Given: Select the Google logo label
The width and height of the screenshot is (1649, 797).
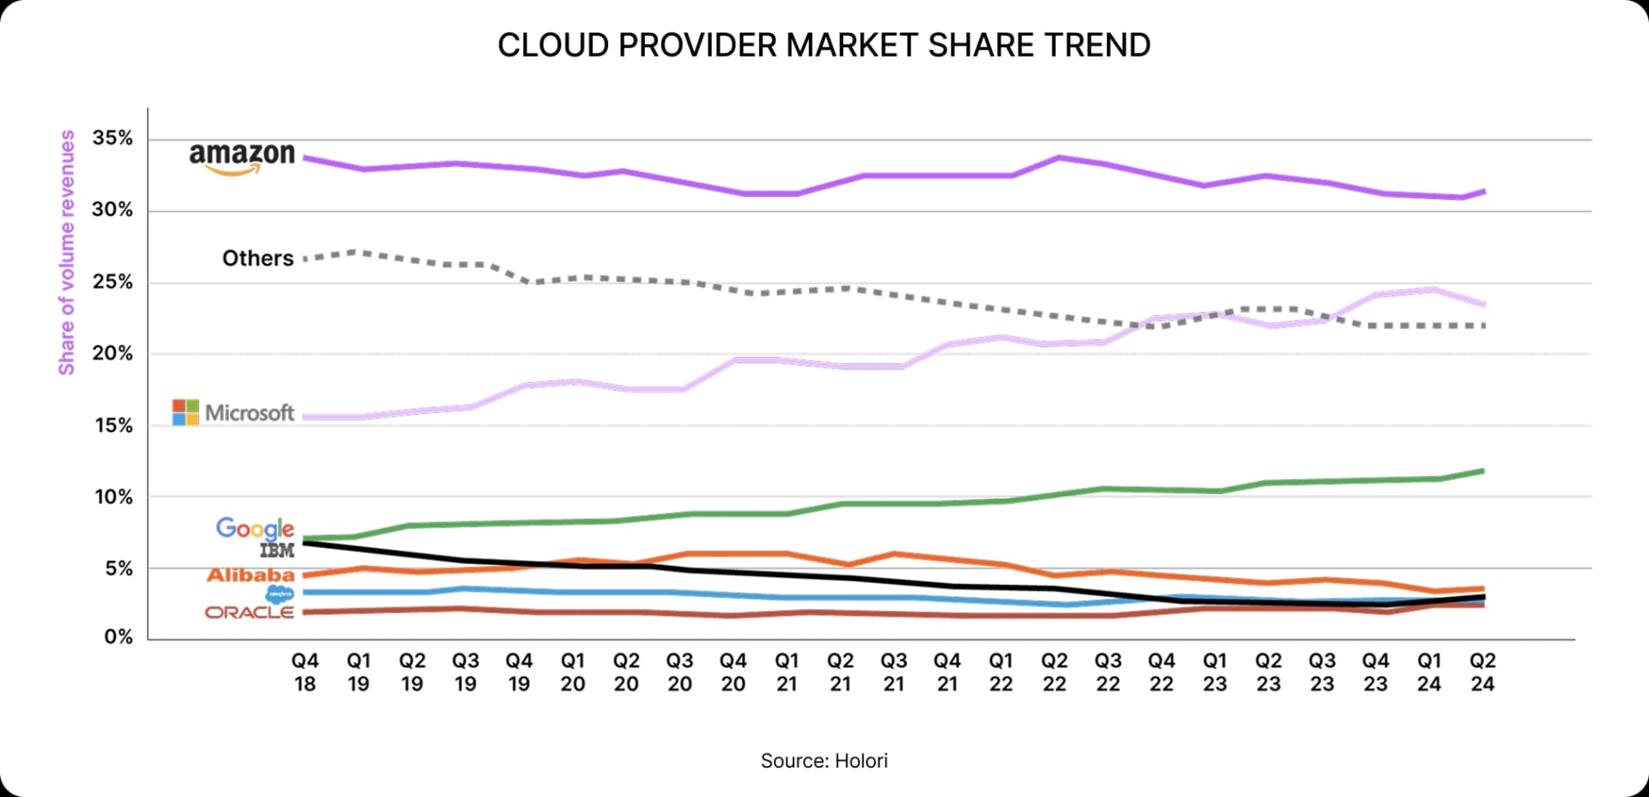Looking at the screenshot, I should (x=254, y=528).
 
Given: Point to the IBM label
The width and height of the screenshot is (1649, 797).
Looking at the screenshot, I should (x=277, y=551).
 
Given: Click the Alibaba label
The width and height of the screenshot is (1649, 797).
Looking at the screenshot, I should (x=250, y=575).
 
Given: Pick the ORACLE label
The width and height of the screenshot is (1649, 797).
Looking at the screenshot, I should (x=249, y=612).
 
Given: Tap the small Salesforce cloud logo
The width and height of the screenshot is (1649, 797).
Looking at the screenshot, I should (x=280, y=594).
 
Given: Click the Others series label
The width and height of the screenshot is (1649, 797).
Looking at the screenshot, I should (x=258, y=259).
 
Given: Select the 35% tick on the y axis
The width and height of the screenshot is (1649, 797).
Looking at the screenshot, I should (x=113, y=138).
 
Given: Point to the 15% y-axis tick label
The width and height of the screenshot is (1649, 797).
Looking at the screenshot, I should (x=113, y=425).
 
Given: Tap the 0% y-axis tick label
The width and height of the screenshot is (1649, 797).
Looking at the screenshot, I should (x=119, y=637).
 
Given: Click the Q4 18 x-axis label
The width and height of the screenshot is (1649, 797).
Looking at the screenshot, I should (x=305, y=672).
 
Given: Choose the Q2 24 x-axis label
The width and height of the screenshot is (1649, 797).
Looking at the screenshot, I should (x=1482, y=672).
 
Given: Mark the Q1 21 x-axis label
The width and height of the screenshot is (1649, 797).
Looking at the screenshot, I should (x=787, y=672).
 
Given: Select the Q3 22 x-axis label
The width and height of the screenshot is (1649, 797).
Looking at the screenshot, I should (x=1108, y=672).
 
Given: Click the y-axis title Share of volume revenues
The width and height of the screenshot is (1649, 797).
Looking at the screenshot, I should (x=66, y=252).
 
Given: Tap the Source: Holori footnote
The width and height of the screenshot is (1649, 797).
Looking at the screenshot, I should (x=824, y=761).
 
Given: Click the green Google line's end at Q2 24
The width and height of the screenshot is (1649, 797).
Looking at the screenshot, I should (x=1482, y=471).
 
